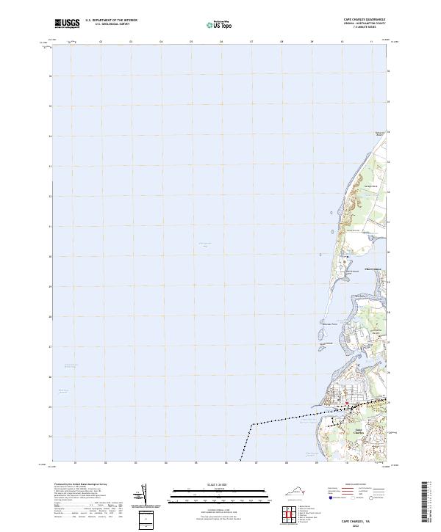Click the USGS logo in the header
coord(67,23)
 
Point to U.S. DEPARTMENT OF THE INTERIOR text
coord(111,21)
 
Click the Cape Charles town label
coord(359,431)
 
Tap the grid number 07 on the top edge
coord(251,43)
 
